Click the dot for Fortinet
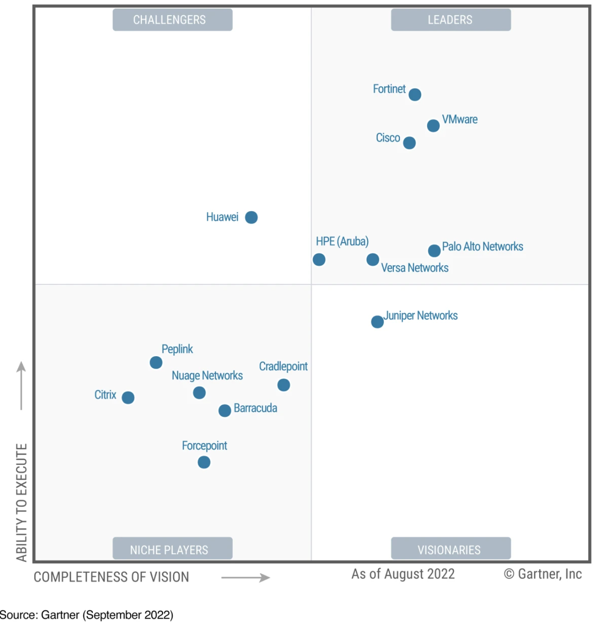[x=415, y=95]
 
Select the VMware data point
[x=433, y=126]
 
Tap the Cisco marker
[x=409, y=143]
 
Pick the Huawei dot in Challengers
[x=251, y=217]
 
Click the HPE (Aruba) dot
[x=319, y=260]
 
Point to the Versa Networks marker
[x=373, y=260]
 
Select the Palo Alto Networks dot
[x=434, y=250]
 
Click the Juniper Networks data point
[x=377, y=322]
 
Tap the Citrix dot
[x=128, y=397]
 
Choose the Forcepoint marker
[x=204, y=462]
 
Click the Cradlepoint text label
[x=283, y=366]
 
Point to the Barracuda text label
[x=255, y=408]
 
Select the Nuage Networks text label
[x=207, y=376]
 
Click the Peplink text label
[x=177, y=349]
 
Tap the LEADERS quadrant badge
[x=451, y=20]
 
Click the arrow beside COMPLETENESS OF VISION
[x=246, y=578]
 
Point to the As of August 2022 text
[x=403, y=574]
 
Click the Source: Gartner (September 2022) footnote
[x=87, y=615]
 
